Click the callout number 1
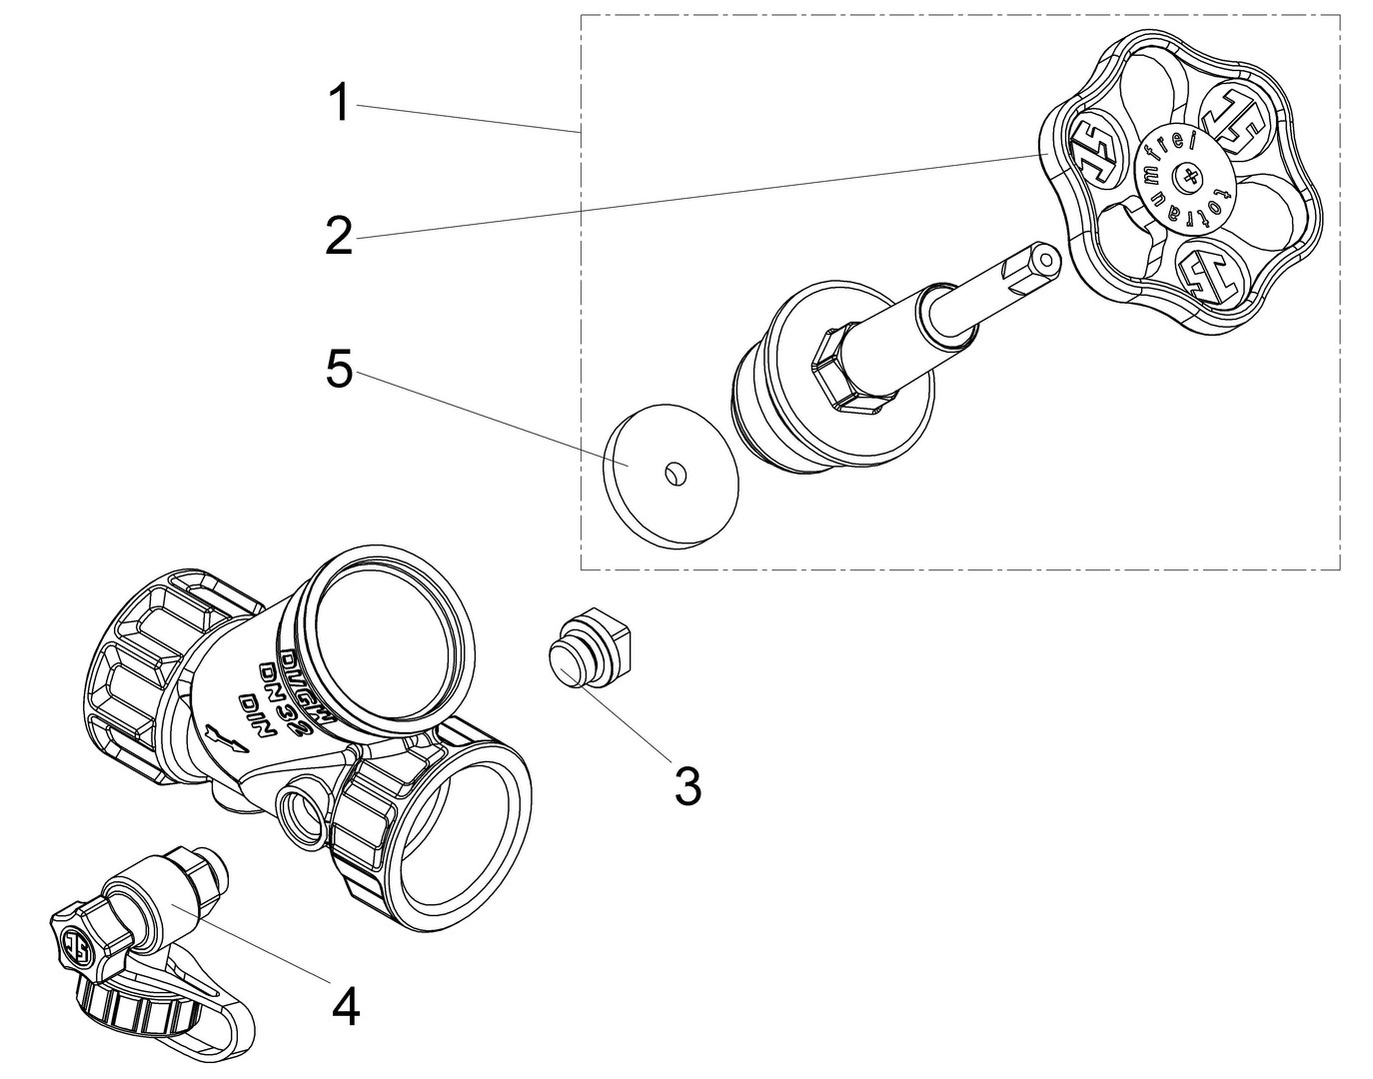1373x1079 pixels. click(341, 104)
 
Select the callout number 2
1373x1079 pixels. click(339, 236)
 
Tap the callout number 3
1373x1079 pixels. click(686, 786)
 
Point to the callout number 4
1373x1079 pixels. click(345, 1006)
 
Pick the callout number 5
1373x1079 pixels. click(339, 372)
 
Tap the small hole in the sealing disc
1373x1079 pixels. click(676, 471)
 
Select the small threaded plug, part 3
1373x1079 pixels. click(589, 654)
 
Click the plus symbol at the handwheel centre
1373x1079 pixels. click(1187, 179)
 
